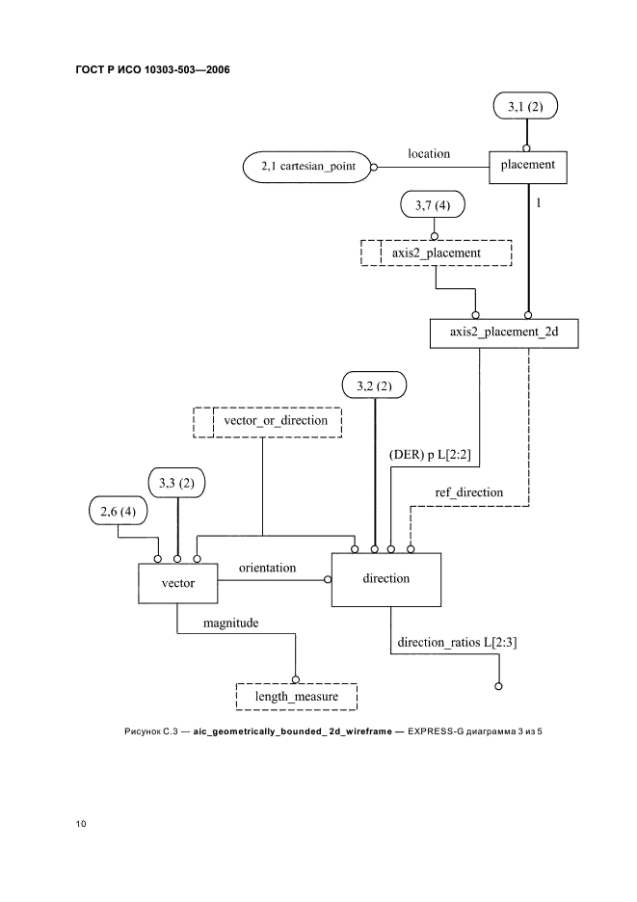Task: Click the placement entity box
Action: (x=527, y=165)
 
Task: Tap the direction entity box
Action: (x=386, y=579)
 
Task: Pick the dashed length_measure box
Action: (x=296, y=696)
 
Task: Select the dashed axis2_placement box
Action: (x=436, y=252)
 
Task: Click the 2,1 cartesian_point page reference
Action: (x=307, y=167)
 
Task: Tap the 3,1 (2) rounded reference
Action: (x=525, y=108)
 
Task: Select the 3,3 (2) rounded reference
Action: (x=177, y=482)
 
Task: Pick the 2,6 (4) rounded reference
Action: (x=118, y=512)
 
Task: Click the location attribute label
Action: (x=428, y=153)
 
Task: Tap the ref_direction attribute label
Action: (x=468, y=492)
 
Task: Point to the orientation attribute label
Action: (x=260, y=569)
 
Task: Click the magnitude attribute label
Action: (x=230, y=623)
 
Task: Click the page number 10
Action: (x=81, y=824)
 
